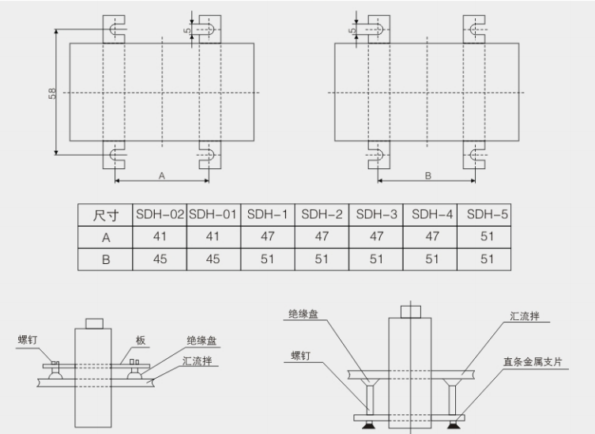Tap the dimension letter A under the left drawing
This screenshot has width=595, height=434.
point(161,175)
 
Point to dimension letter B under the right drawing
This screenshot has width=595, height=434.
point(427,175)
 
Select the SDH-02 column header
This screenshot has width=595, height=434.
point(160,214)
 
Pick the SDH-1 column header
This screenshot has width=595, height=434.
point(268,214)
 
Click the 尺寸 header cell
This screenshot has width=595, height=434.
point(105,215)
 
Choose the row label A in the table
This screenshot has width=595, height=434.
point(105,236)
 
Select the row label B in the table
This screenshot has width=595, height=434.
point(105,259)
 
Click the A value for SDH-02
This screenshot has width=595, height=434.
point(160,236)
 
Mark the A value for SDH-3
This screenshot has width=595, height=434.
point(377,236)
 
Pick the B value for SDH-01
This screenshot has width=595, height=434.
point(213,259)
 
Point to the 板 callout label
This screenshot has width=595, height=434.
point(141,341)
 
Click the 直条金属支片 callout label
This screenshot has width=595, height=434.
point(533,361)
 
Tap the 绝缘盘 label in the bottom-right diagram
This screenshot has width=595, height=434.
point(303,314)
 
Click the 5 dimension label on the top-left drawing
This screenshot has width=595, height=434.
point(186,31)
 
